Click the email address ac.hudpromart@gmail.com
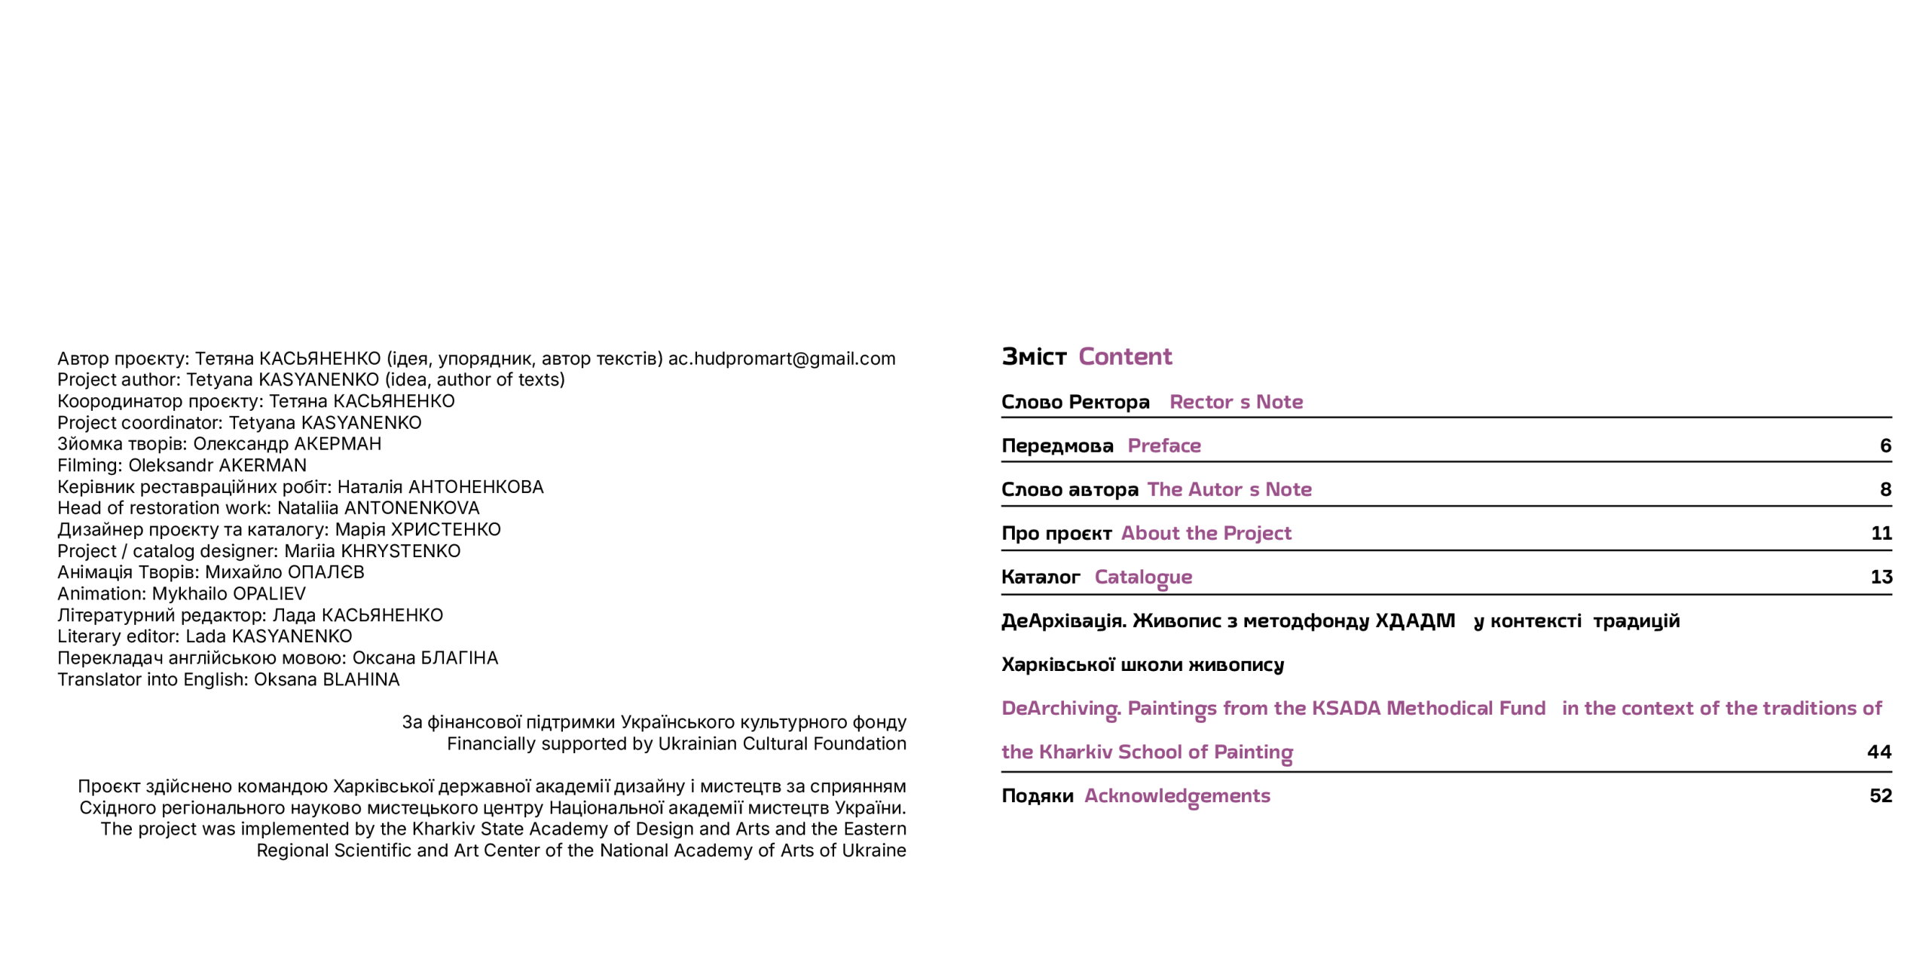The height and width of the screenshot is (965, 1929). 781,359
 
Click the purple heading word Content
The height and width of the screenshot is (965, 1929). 1124,357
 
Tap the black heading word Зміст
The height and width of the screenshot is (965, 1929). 1033,357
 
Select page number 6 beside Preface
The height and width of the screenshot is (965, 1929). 1885,446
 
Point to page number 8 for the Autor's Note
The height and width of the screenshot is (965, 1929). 1885,489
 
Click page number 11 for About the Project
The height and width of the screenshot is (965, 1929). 1881,533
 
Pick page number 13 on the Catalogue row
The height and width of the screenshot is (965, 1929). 1881,577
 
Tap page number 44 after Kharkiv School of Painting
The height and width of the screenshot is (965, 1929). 1879,752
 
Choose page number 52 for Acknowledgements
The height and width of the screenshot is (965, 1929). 1880,795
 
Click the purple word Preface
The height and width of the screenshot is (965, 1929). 1163,446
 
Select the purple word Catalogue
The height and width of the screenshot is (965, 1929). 1142,577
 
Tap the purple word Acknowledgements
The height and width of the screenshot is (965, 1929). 1176,796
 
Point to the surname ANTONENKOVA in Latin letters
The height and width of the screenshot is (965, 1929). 411,508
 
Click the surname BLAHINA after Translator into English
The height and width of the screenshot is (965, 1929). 360,680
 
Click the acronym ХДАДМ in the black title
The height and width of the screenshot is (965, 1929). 1414,621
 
